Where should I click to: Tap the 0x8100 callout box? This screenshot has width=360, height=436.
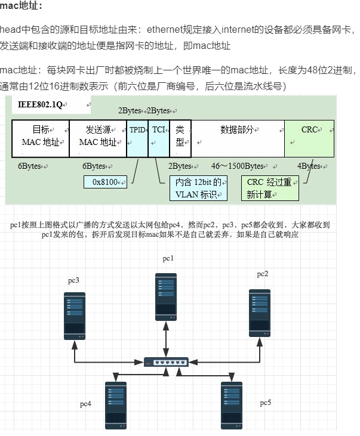[105, 181]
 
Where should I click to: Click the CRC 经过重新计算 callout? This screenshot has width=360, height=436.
[270, 188]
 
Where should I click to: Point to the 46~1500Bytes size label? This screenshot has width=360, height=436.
[238, 166]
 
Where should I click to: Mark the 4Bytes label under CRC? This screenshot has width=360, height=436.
[309, 166]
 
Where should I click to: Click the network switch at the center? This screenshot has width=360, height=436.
[166, 361]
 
